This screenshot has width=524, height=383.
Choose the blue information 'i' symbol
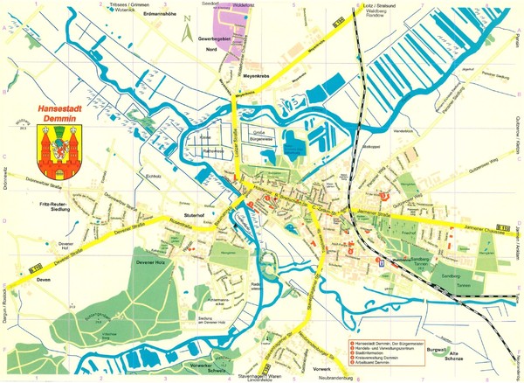pos(381,261)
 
